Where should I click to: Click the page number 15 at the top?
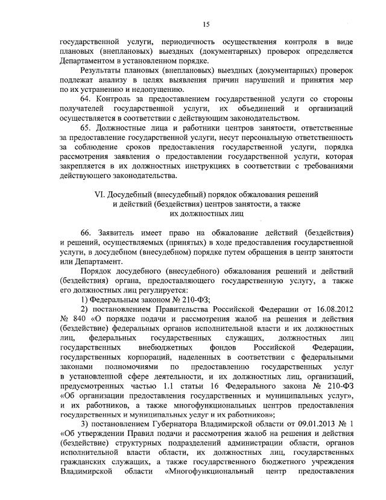click(206, 24)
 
